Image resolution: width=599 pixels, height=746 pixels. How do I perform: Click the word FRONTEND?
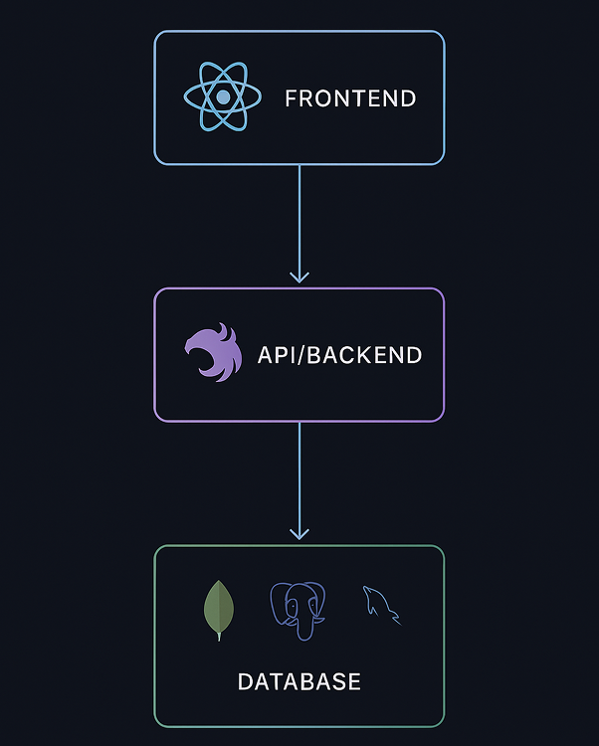pos(349,98)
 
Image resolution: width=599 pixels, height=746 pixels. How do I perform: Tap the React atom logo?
pos(223,96)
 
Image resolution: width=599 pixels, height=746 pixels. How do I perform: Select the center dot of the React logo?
pos(223,96)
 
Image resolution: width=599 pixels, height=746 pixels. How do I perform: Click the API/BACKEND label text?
pos(339,355)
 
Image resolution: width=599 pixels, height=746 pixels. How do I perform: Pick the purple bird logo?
pos(213,352)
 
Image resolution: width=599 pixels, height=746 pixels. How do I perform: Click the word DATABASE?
pos(299,682)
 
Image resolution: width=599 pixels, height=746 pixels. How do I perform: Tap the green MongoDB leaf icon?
pos(218,610)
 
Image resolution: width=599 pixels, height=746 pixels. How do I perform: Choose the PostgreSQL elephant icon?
pos(298,611)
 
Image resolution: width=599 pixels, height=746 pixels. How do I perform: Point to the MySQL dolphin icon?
pos(381,604)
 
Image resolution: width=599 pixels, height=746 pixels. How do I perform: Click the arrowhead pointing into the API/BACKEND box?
pos(299,276)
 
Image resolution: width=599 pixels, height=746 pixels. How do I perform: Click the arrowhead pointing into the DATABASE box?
pos(299,533)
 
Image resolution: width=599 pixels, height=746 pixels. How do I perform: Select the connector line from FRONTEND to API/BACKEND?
pos(299,219)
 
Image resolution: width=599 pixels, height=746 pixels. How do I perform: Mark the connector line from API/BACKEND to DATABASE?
pos(299,477)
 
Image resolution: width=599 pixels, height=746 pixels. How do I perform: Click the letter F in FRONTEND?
pos(291,98)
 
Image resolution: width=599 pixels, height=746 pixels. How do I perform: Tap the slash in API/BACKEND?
pos(300,355)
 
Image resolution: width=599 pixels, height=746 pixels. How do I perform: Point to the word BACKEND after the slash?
pos(364,355)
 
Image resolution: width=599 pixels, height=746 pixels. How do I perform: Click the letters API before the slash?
pos(276,355)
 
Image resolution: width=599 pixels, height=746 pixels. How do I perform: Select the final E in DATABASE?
pos(353,682)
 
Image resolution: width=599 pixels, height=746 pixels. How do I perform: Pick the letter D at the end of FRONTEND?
pos(408,98)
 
